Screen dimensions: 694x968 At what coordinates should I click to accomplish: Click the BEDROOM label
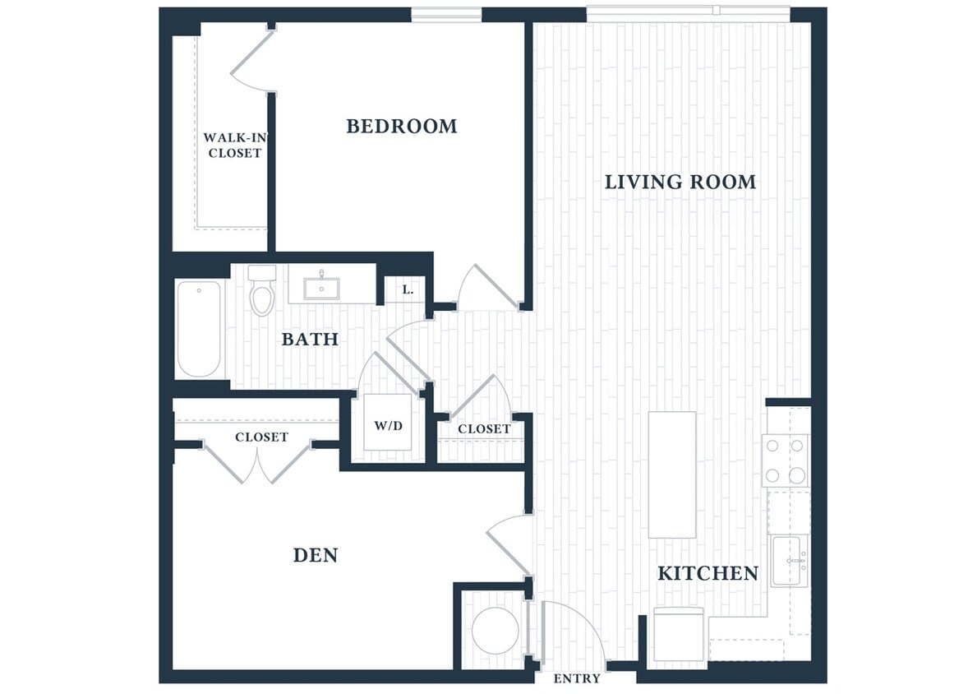tap(401, 126)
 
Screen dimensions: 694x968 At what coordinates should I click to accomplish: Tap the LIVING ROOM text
tap(680, 182)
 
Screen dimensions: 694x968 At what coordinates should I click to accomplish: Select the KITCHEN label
tap(708, 573)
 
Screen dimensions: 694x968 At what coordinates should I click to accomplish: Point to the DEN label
tap(316, 555)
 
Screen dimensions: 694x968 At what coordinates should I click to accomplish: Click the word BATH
tap(310, 339)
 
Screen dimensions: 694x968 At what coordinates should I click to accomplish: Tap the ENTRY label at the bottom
tap(577, 678)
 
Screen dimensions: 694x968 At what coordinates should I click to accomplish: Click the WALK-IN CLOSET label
tap(234, 146)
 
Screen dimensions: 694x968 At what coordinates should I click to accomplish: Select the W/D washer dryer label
tap(388, 426)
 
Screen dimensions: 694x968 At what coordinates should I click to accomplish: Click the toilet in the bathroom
tap(262, 292)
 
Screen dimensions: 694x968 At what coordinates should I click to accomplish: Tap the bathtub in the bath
tap(199, 328)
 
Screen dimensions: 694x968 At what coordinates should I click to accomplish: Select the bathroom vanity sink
tap(321, 287)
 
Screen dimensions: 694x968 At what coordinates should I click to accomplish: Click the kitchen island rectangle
tap(671, 474)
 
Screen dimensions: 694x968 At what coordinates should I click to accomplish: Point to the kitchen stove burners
tap(786, 460)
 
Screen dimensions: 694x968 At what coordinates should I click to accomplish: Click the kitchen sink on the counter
tap(789, 561)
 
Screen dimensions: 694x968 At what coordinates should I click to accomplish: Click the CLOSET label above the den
tap(261, 437)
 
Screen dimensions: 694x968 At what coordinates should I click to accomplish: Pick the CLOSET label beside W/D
tap(484, 428)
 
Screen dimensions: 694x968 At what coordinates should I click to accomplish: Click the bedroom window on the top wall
tap(445, 14)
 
